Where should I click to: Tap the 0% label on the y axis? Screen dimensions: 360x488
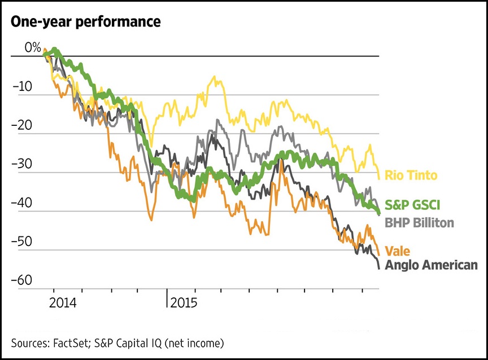coord(33,49)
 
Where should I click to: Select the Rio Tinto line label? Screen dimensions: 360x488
coord(411,175)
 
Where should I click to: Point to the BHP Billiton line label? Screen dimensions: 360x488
coord(419,222)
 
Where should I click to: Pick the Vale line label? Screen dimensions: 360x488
coord(397,251)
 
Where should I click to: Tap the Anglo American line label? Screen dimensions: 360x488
coord(430,265)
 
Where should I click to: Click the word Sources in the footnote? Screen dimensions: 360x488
coord(29,342)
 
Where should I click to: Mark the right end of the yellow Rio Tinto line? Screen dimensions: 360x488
coord(378,178)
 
